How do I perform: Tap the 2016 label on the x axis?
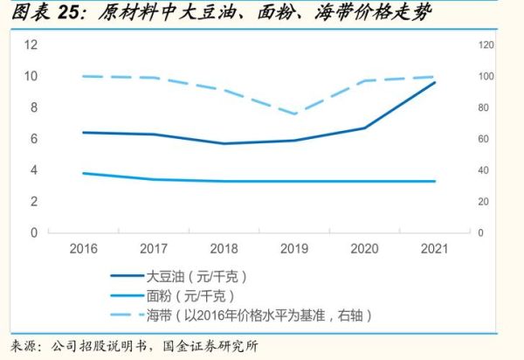(x=83, y=249)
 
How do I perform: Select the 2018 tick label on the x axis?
(x=224, y=249)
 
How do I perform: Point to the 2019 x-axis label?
(x=294, y=249)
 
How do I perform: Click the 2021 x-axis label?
(x=435, y=249)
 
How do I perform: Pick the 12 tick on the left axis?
(x=31, y=45)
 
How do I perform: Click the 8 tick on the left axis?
(x=33, y=107)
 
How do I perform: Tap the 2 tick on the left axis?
(x=33, y=202)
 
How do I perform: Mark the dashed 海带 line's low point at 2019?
(x=294, y=114)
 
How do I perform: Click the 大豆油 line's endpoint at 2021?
(x=435, y=82)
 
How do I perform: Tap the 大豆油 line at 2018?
(x=224, y=143)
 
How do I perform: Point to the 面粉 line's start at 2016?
(x=83, y=173)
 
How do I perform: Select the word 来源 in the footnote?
(x=24, y=347)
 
